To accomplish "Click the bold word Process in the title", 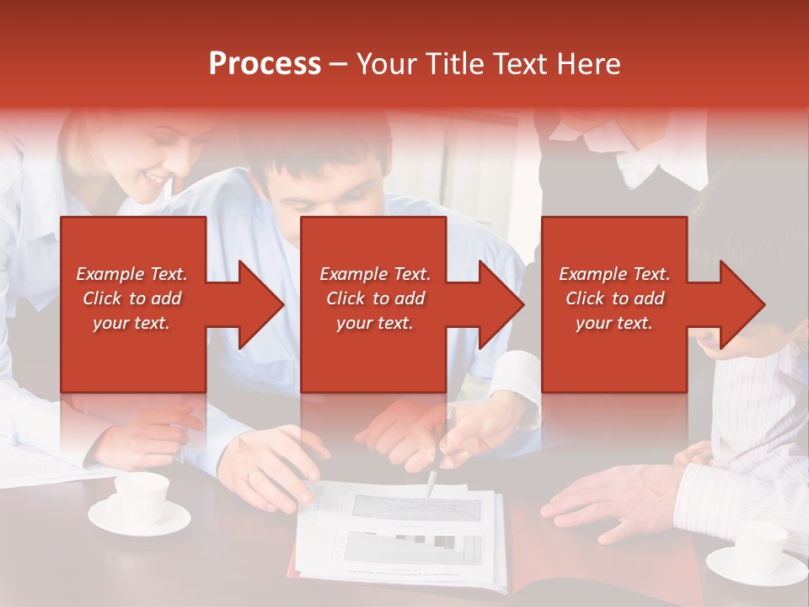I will [x=265, y=64].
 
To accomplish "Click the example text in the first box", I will [x=132, y=298].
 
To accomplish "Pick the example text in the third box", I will [x=614, y=298].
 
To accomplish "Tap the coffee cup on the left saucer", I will [x=140, y=497].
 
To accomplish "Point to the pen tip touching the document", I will [x=430, y=492].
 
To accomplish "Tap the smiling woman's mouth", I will [x=156, y=180].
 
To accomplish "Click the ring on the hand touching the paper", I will [x=249, y=476].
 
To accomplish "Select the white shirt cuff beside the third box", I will [x=516, y=375].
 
